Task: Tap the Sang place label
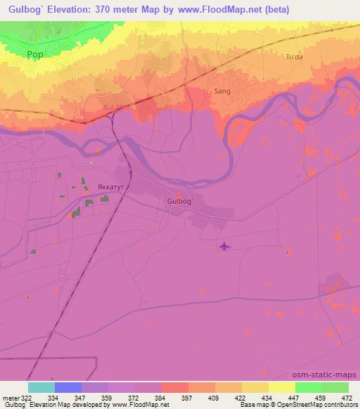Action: tap(221, 91)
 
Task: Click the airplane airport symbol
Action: tap(224, 246)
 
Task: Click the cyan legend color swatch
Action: tap(41, 387)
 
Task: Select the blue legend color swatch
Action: tap(68, 387)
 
